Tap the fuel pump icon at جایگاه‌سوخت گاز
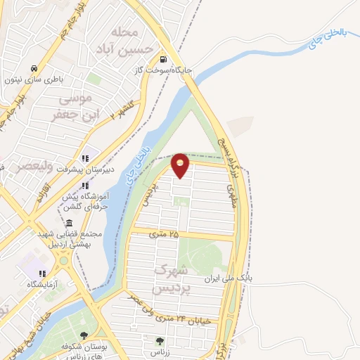163,60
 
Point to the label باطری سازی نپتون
36,79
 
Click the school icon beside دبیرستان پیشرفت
85,157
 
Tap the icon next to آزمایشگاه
41,274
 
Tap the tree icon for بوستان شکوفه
84,335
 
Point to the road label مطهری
230,196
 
